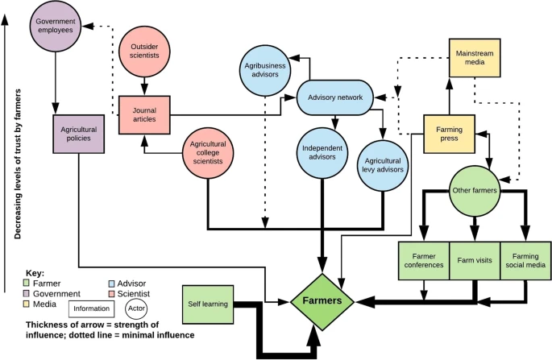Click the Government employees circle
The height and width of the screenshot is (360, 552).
[55, 26]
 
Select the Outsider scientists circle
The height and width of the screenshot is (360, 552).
[144, 50]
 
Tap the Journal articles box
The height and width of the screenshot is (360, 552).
[144, 114]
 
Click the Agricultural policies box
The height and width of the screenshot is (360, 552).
[79, 131]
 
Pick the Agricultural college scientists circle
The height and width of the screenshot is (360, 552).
[208, 152]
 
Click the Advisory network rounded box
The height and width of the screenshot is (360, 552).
[334, 98]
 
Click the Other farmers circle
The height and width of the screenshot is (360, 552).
[475, 190]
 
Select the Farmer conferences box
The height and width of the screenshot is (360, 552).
[423, 260]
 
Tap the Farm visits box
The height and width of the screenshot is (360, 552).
[474, 260]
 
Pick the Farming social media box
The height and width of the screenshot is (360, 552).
[525, 260]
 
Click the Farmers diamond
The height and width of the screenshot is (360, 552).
[322, 300]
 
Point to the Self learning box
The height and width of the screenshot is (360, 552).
[208, 304]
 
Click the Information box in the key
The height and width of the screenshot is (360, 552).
[91, 308]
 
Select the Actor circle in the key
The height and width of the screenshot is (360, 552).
[138, 308]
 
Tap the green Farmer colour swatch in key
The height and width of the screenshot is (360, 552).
[26, 283]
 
